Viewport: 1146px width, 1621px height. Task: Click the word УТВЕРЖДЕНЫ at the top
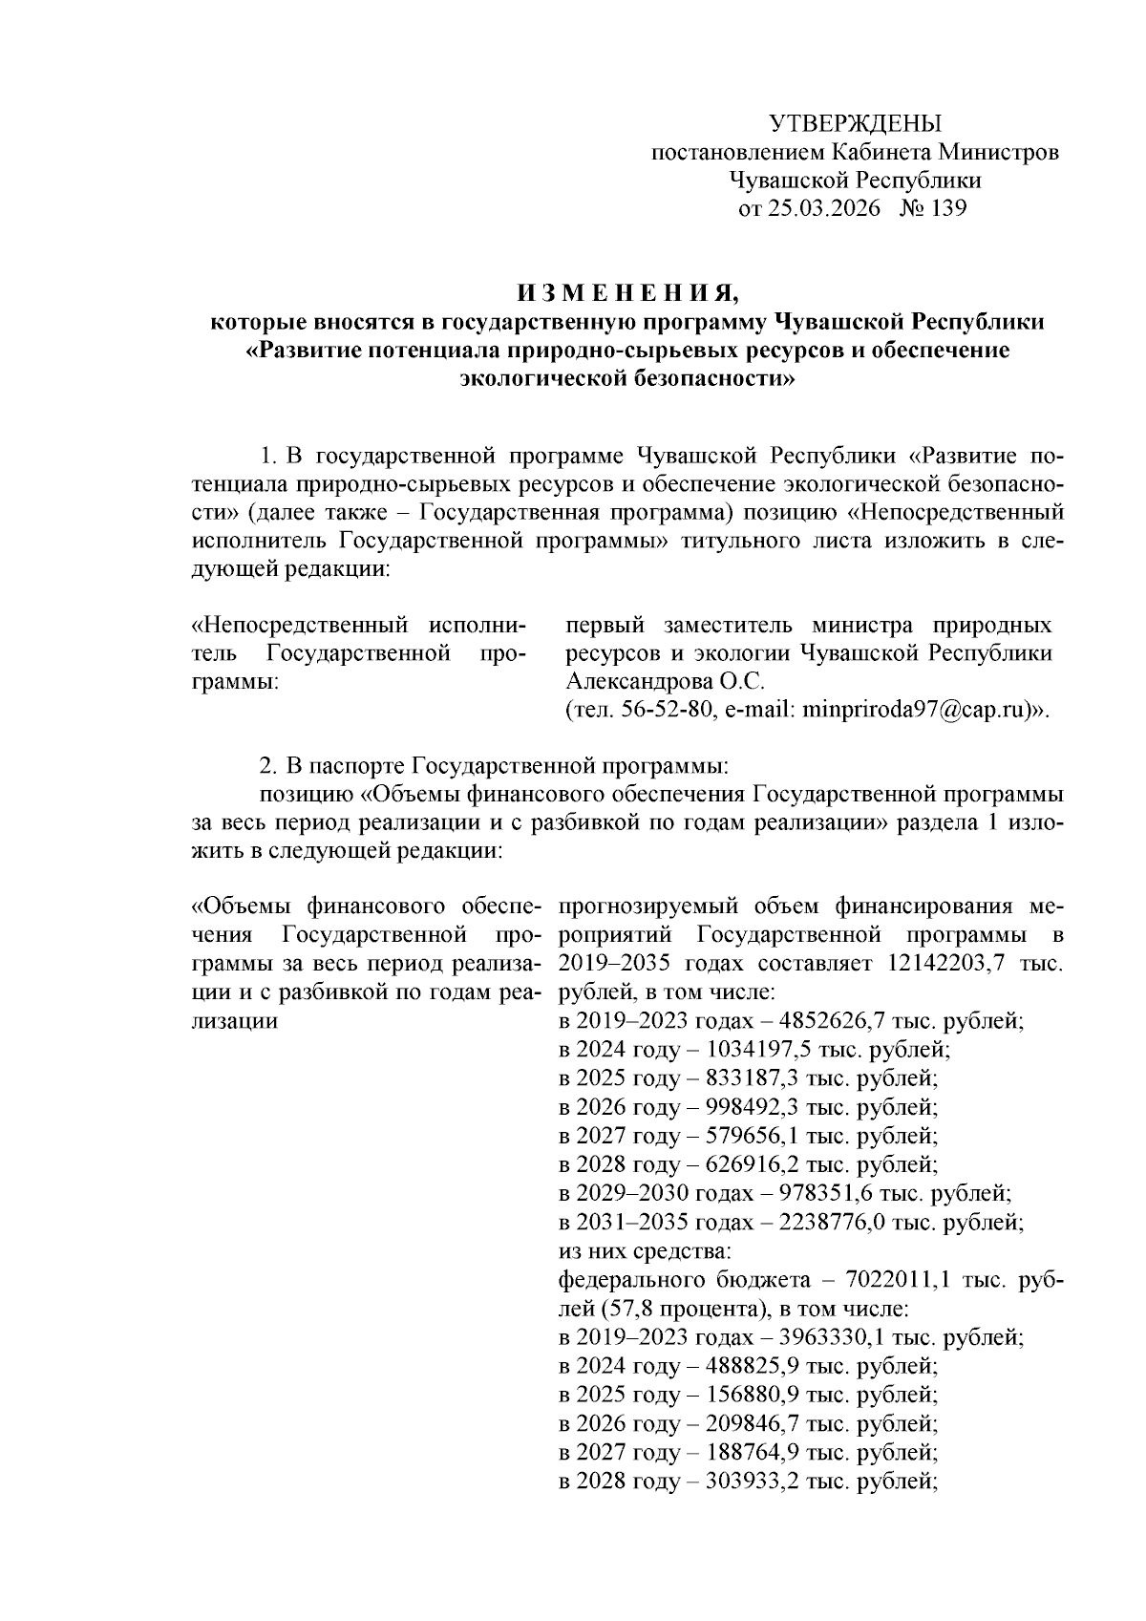(855, 123)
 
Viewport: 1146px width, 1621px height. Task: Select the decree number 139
(946, 208)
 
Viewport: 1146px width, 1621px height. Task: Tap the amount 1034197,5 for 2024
(761, 1049)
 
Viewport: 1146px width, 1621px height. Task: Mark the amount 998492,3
(754, 1107)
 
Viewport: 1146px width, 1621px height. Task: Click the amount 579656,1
(754, 1136)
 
